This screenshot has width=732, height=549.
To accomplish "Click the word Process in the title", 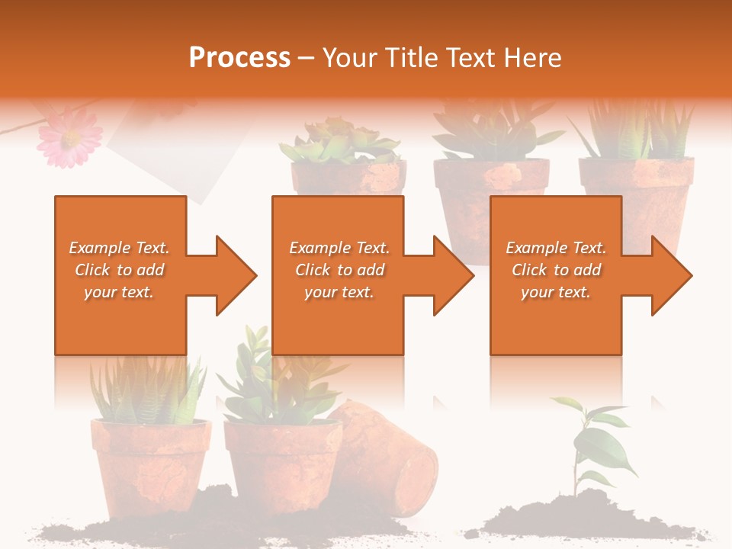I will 239,58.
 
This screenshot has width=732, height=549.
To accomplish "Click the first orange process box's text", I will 119,270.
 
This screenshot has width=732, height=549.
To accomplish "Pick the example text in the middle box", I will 339,270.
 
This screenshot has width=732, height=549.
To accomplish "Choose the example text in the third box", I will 556,270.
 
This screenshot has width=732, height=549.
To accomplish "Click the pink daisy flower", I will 69,137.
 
